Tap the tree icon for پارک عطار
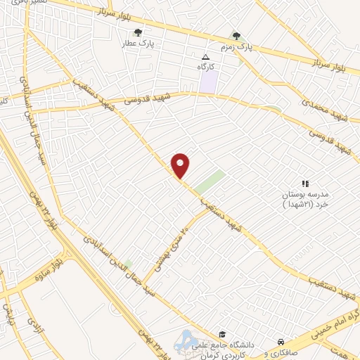(138, 32)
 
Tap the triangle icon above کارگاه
(205, 58)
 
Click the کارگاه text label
(205, 67)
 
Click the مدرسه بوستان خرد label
(305, 199)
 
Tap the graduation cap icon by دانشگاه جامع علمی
(221, 334)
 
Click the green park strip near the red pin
(210, 181)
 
